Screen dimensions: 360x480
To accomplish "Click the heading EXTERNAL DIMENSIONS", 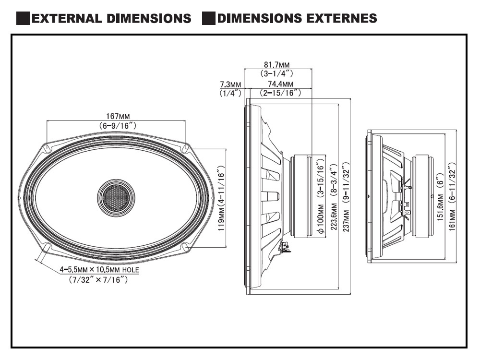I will (x=111, y=19).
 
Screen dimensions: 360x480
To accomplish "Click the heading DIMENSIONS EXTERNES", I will (x=296, y=19).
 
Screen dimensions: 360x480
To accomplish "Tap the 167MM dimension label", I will (x=118, y=116).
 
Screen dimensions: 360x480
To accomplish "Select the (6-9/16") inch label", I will (x=118, y=125).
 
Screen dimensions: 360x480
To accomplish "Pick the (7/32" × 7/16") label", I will (x=98, y=280).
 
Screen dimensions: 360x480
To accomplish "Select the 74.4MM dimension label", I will (x=280, y=85).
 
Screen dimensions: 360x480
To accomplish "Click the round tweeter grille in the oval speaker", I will (x=116, y=197).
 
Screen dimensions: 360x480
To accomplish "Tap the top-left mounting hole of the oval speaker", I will (x=47, y=148).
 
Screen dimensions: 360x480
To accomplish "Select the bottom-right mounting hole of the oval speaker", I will (x=185, y=246).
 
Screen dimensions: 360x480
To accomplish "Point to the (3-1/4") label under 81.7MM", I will (x=277, y=74).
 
